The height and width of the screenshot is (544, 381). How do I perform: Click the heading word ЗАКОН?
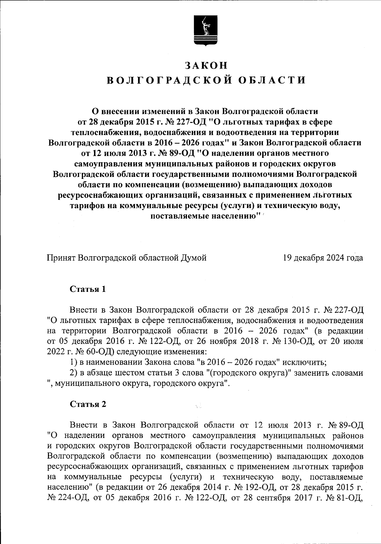pyautogui.click(x=206, y=65)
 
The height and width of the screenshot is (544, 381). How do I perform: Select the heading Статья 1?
pyautogui.click(x=88, y=289)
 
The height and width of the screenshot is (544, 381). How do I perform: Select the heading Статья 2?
pyautogui.click(x=88, y=404)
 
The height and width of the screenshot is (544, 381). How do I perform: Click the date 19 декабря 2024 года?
pyautogui.click(x=323, y=258)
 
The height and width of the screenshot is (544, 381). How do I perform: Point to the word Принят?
pyautogui.click(x=61, y=258)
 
